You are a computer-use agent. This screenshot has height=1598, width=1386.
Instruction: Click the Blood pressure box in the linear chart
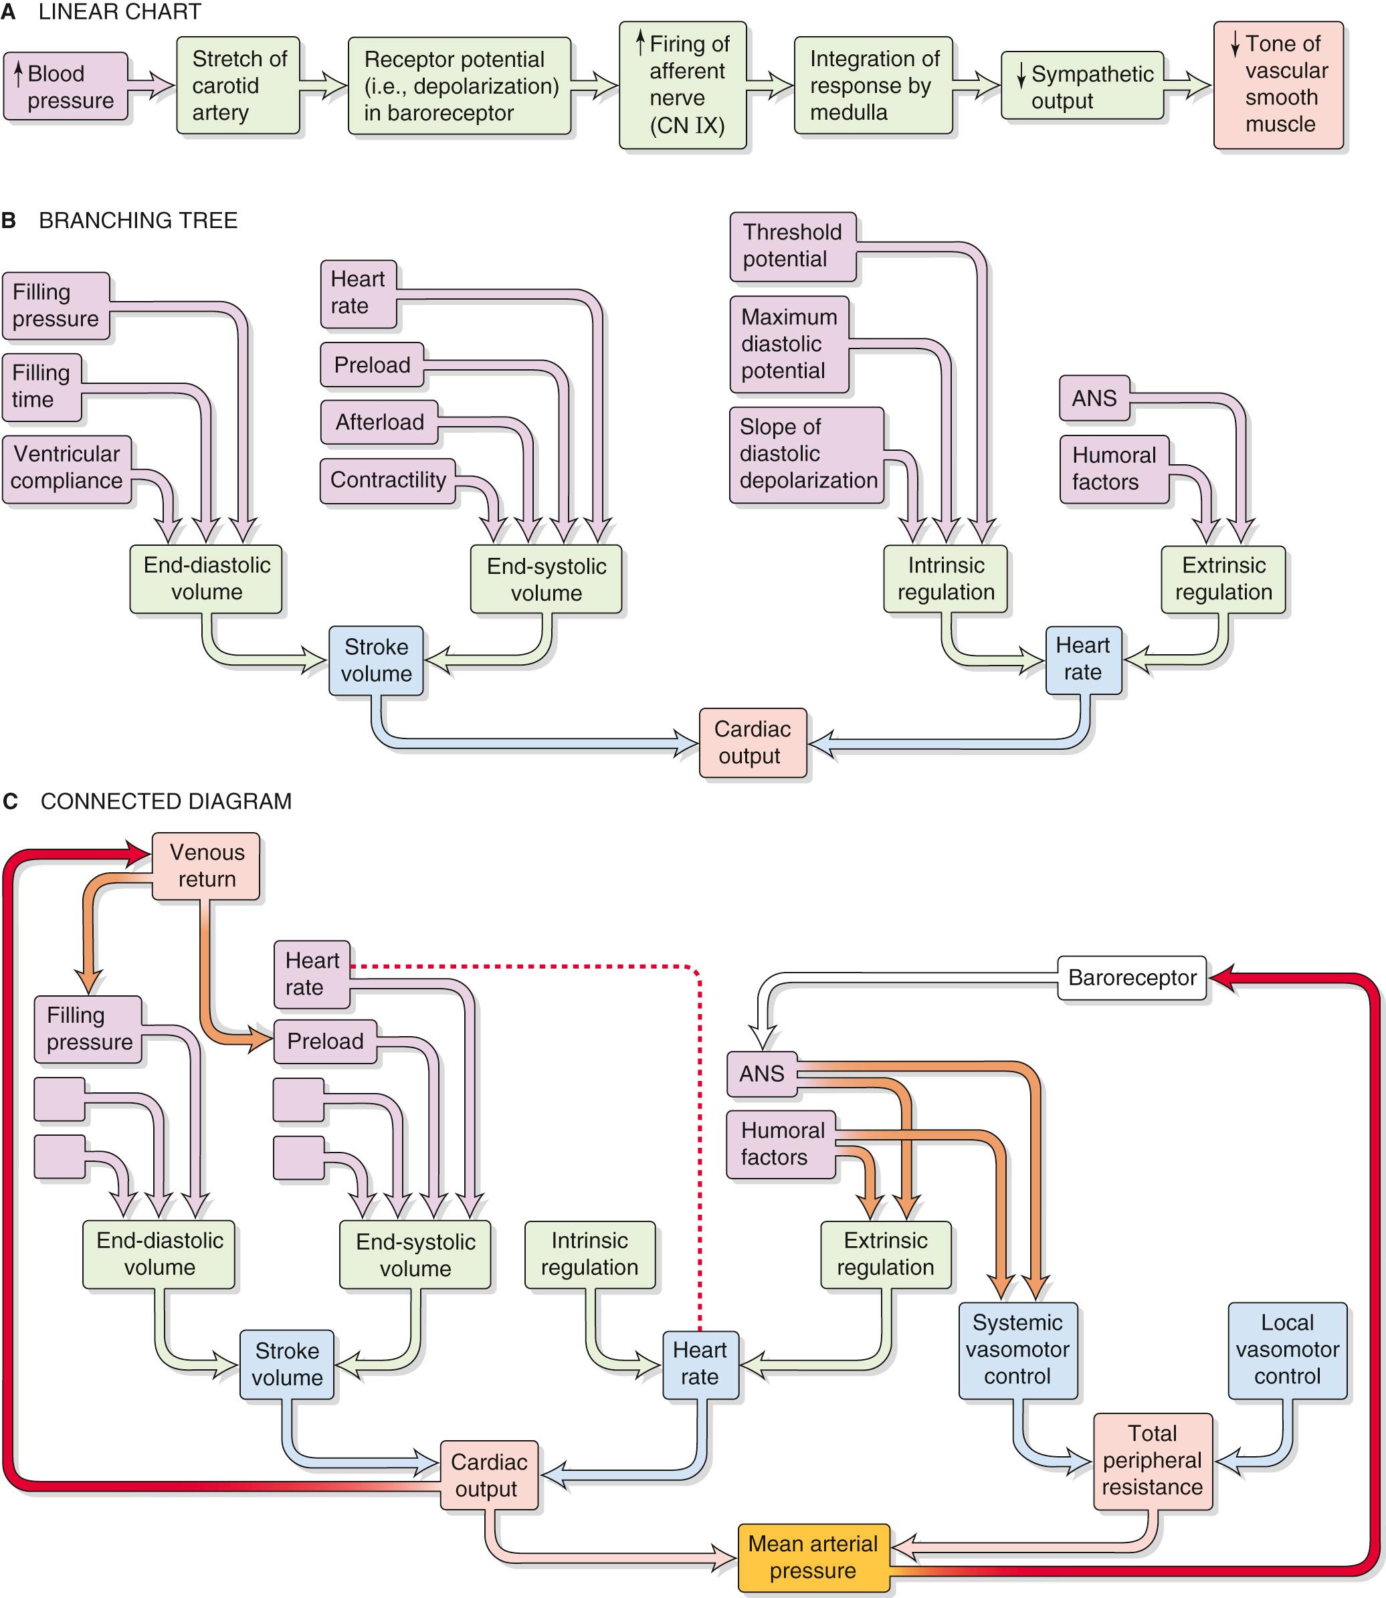[65, 87]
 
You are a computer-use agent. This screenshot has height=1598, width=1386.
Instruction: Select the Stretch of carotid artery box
[237, 86]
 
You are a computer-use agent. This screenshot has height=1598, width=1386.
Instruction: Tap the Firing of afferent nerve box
[682, 85]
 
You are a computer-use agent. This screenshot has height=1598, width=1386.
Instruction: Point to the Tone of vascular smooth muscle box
[1278, 84]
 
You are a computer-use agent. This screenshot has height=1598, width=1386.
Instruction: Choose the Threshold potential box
[792, 246]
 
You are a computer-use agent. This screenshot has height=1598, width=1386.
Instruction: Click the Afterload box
[379, 422]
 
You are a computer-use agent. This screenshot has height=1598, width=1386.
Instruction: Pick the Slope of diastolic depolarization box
[807, 454]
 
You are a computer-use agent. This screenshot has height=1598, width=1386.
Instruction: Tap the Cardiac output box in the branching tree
[753, 742]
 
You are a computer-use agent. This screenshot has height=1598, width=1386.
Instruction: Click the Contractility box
[387, 480]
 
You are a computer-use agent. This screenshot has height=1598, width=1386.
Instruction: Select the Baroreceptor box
[1132, 978]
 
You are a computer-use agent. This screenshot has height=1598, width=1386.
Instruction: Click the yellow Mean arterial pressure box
[813, 1558]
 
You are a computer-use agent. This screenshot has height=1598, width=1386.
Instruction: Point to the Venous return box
[206, 866]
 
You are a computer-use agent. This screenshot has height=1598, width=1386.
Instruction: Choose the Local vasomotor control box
[1287, 1350]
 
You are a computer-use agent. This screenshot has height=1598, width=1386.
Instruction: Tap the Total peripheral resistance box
[1152, 1460]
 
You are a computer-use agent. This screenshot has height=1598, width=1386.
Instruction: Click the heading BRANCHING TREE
[138, 221]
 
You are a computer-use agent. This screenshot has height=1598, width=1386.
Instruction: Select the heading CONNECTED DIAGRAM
[165, 801]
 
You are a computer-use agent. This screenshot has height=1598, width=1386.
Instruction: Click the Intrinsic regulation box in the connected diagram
[589, 1254]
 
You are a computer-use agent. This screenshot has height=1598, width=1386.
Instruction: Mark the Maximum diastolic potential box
[789, 344]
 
